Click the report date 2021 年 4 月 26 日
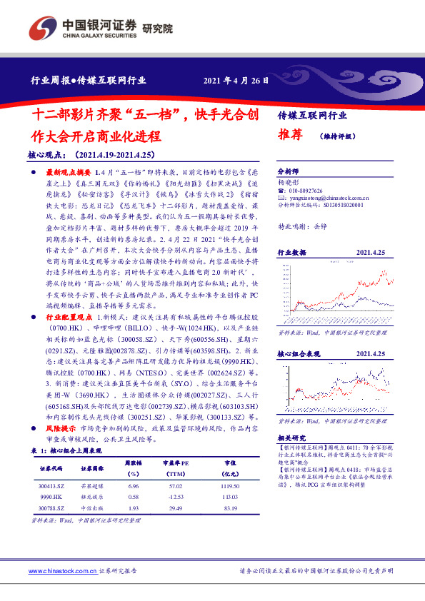click(x=236, y=81)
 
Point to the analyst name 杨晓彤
click(x=288, y=183)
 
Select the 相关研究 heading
click(x=291, y=438)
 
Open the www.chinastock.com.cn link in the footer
click(x=61, y=572)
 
